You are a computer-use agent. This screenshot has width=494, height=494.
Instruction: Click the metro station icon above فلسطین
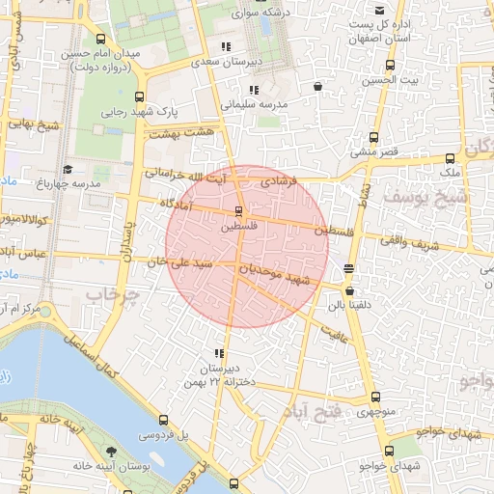(x=238, y=210)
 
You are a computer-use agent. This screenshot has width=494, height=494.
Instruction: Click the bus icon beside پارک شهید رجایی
(x=141, y=96)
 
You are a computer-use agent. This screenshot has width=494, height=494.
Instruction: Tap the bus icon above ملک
(x=450, y=159)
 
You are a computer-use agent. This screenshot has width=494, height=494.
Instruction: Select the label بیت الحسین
(x=391, y=80)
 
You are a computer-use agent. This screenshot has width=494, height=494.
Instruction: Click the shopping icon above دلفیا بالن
(x=348, y=290)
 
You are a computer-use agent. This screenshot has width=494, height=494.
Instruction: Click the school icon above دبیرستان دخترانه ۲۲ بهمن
(x=220, y=354)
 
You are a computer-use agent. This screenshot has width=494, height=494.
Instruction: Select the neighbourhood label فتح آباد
(x=314, y=413)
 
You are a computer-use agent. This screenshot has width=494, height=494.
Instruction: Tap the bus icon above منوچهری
(x=375, y=397)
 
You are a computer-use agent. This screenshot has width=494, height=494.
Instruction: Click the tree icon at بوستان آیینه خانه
(x=113, y=453)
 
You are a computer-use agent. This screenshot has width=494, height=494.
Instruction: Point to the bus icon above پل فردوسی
(x=163, y=421)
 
